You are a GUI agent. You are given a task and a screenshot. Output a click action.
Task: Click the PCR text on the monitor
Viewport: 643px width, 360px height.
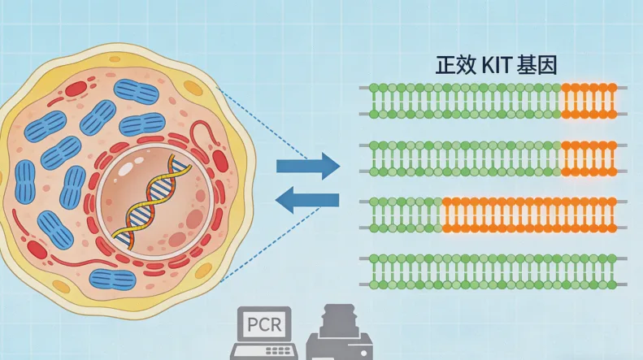pyautogui.click(x=260, y=325)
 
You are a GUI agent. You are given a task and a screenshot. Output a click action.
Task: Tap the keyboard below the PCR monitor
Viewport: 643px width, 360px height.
pyautogui.click(x=260, y=352)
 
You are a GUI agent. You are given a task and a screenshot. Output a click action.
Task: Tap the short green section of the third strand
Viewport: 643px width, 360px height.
pyautogui.click(x=405, y=215)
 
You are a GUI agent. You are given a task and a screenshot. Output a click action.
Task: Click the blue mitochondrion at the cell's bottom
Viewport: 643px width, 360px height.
pyautogui.click(x=112, y=280)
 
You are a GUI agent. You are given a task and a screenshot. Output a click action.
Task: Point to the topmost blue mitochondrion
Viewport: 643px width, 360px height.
pyautogui.click(x=136, y=92)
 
